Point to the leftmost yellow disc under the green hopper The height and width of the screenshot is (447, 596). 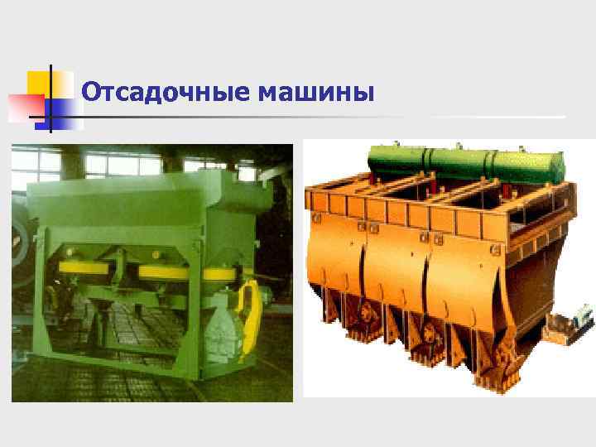pyautogui.click(x=79, y=269)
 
